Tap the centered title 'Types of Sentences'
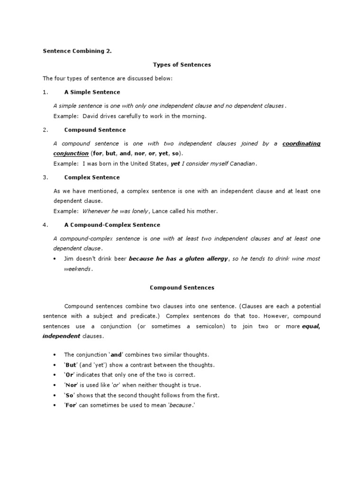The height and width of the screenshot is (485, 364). pyautogui.click(x=182, y=65)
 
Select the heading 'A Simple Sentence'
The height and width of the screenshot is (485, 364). pyautogui.click(x=92, y=92)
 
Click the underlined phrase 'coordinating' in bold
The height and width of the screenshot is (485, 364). pyautogui.click(x=301, y=144)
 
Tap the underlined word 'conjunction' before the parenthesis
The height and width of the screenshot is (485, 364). pyautogui.click(x=71, y=153)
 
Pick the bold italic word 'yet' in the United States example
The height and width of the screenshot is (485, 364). pyautogui.click(x=175, y=163)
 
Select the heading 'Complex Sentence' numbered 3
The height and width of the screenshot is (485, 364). pyautogui.click(x=91, y=178)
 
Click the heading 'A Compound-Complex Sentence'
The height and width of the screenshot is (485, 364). pyautogui.click(x=112, y=225)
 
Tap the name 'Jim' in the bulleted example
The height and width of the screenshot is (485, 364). pyautogui.click(x=69, y=259)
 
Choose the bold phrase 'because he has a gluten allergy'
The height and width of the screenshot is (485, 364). pyautogui.click(x=178, y=259)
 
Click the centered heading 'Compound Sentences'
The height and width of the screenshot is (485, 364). pyautogui.click(x=182, y=287)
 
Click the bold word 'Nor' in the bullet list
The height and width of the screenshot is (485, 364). pyautogui.click(x=72, y=385)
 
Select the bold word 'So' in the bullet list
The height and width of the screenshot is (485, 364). pyautogui.click(x=70, y=395)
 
